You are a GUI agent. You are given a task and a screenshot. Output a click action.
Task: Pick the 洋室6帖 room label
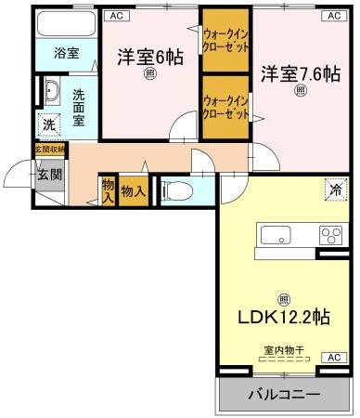click(x=149, y=58)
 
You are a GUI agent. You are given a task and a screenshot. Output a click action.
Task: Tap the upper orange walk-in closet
click(x=225, y=40)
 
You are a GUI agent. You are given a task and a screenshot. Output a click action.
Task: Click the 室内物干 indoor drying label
click(x=285, y=350)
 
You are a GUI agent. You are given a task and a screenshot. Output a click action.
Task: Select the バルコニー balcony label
click(x=284, y=395)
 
